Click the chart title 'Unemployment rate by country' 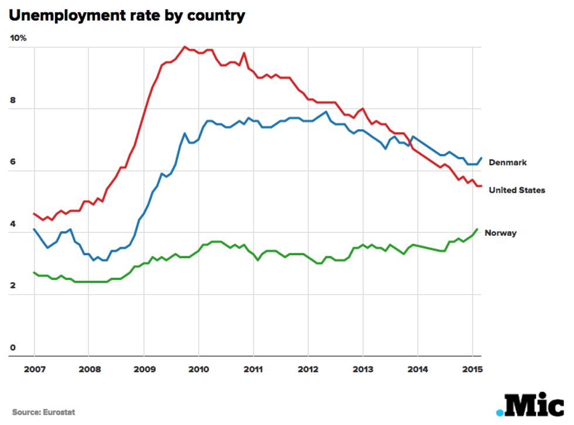click(126, 16)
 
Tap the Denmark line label click(507, 162)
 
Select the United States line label click(517, 190)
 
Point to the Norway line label click(500, 233)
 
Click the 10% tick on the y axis click(18, 38)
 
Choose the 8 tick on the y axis click(13, 100)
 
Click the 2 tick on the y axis click(13, 286)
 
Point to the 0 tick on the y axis click(13, 348)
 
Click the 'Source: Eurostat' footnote click(43, 412)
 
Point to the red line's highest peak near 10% click(184, 47)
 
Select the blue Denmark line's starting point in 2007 click(34, 229)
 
